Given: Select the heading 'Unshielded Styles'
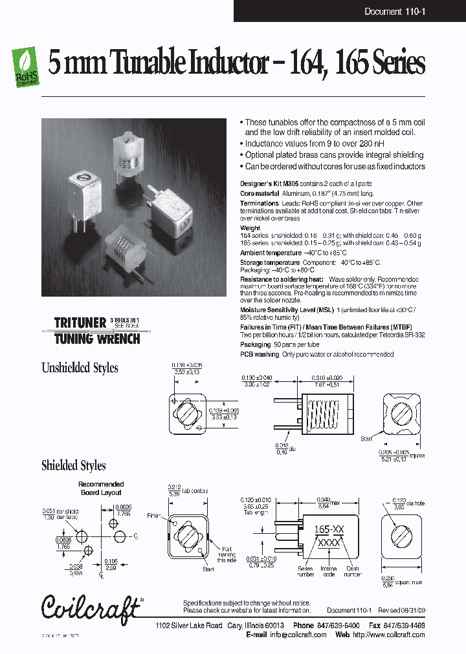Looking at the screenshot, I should [x=80, y=368].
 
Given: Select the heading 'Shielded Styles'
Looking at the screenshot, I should [x=73, y=465].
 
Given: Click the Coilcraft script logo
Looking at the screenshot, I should [x=91, y=607].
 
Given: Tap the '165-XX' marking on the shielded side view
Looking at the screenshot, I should [x=328, y=528].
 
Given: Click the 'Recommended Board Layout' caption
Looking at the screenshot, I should [x=101, y=488].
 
